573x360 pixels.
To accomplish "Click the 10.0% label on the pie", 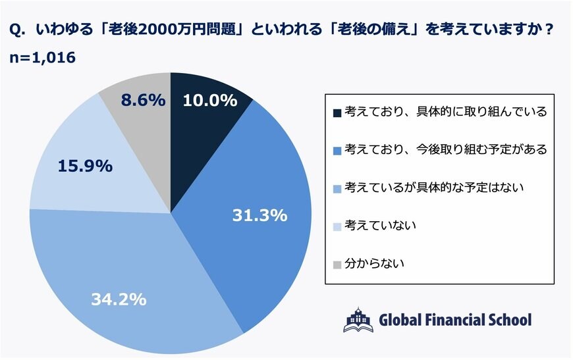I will coord(209,101).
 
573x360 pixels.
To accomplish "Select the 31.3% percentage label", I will coord(259,215).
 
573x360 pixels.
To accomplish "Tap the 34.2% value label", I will coord(118,299).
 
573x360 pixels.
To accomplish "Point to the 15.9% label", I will coord(84,166).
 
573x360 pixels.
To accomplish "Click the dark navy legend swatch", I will coord(338,112).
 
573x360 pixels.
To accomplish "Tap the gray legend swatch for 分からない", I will coord(338,264).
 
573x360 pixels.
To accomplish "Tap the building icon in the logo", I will coord(358,319).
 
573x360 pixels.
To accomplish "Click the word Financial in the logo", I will coord(450,321).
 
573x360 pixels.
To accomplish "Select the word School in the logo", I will coord(508,321).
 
